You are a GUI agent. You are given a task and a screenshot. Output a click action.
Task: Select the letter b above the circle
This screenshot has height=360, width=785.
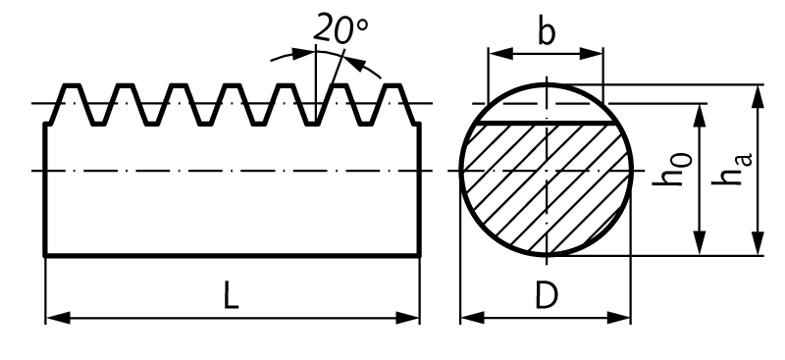pyautogui.click(x=546, y=32)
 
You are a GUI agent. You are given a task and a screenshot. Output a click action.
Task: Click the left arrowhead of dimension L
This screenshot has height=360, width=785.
pyautogui.click(x=55, y=318)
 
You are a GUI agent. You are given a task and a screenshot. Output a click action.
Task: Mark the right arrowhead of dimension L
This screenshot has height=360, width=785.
pyautogui.click(x=412, y=318)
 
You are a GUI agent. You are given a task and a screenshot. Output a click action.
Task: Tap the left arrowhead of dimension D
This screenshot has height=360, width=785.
pyautogui.click(x=470, y=318)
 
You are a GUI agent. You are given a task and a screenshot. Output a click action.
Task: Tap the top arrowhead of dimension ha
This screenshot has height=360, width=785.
pyautogui.click(x=758, y=94)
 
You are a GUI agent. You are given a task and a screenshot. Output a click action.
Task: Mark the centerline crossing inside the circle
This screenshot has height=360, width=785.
pyautogui.click(x=546, y=171)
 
